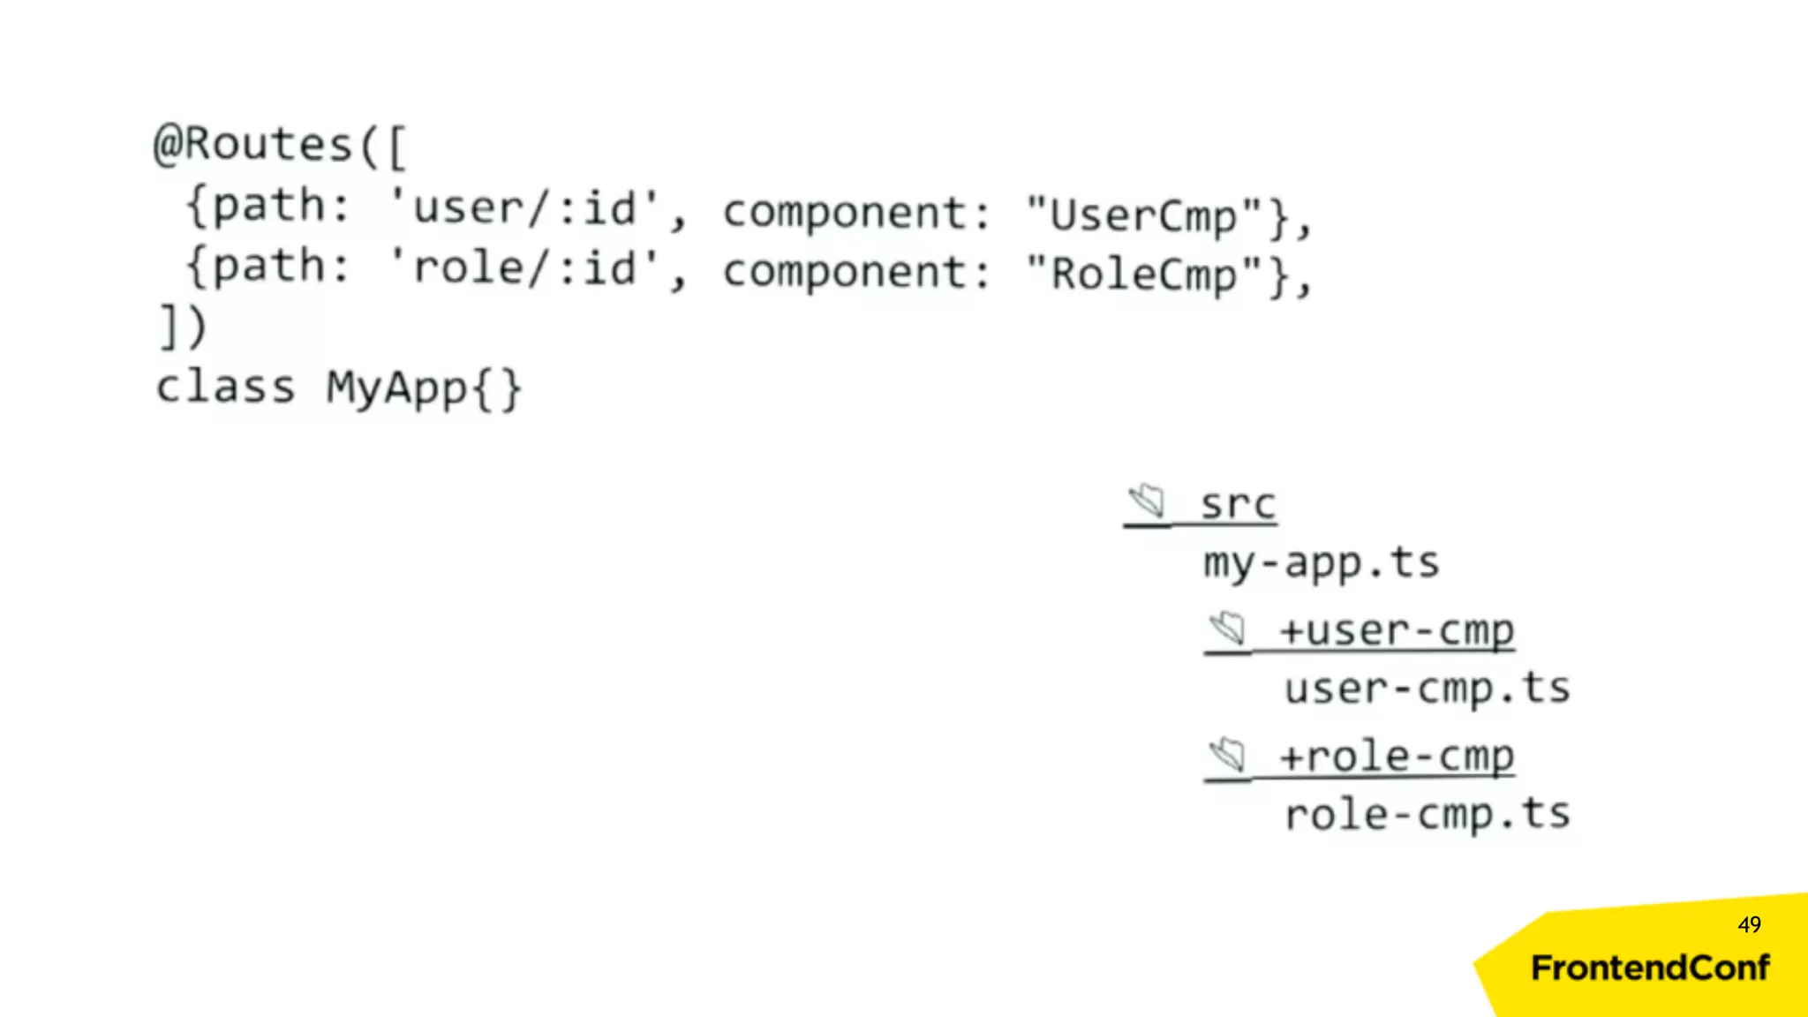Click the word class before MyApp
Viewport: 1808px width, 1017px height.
point(225,388)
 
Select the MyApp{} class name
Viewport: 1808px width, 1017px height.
point(424,388)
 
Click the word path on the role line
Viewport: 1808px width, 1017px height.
point(268,265)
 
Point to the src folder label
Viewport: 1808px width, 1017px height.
point(1238,504)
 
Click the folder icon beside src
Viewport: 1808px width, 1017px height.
point(1148,501)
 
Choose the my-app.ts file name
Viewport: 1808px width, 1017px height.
point(1321,563)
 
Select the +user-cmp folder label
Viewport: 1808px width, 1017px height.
point(1397,630)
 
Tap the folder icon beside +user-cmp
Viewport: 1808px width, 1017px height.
point(1228,629)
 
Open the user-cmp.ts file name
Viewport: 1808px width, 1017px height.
point(1427,689)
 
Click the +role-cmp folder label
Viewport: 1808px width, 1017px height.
point(1397,757)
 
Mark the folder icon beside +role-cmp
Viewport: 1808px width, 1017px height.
point(1228,755)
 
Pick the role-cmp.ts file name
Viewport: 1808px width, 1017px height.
point(1427,814)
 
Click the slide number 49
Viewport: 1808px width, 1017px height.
point(1749,924)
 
